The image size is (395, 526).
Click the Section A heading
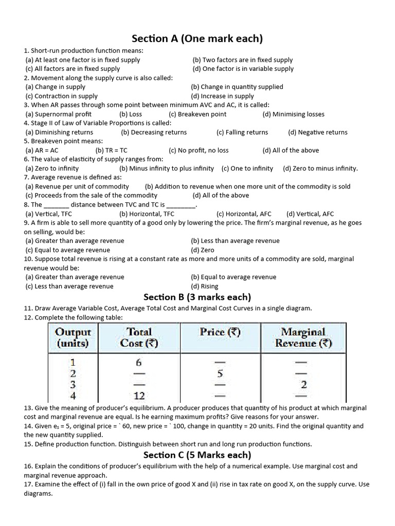[197, 39]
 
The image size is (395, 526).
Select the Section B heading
[197, 297]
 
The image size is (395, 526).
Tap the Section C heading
[197, 455]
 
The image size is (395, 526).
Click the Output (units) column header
[73, 337]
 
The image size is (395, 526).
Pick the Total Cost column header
[139, 337]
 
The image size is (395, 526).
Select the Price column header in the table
[220, 332]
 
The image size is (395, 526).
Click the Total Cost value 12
[139, 396]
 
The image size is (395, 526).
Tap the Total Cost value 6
[138, 362]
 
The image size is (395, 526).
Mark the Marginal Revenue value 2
[304, 384]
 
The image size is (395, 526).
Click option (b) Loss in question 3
[131, 114]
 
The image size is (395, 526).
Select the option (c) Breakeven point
[197, 114]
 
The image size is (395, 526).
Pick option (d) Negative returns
[318, 132]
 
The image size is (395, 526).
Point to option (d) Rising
[205, 286]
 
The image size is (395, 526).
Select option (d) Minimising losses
[293, 114]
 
